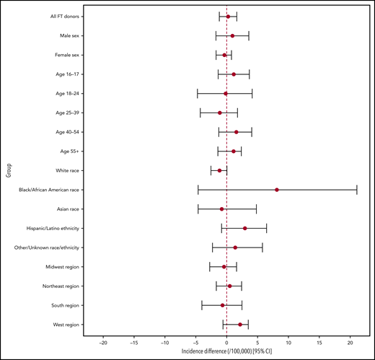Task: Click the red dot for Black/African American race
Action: pyautogui.click(x=277, y=190)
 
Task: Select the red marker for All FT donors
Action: pyautogui.click(x=229, y=16)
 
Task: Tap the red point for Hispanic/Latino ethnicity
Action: pyautogui.click(x=245, y=228)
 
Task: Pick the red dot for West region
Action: pyautogui.click(x=240, y=325)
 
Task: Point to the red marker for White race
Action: pyautogui.click(x=220, y=170)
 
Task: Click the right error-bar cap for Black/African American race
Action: pyautogui.click(x=357, y=190)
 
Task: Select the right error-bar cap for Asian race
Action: pyautogui.click(x=256, y=209)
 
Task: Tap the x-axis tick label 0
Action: pyautogui.click(x=226, y=342)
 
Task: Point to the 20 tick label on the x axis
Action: pyautogui.click(x=350, y=342)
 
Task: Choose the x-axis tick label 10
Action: pyautogui.click(x=288, y=342)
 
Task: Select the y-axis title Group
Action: pyautogui.click(x=9, y=170)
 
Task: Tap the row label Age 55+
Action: pyautogui.click(x=69, y=151)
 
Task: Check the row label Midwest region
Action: pyautogui.click(x=63, y=267)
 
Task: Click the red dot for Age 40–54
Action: pyautogui.click(x=236, y=132)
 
